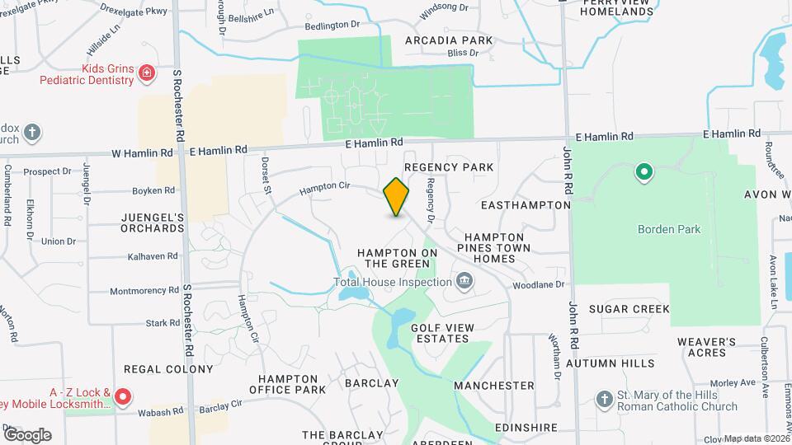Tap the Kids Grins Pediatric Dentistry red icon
pos(147,73)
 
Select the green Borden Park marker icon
pos(643,173)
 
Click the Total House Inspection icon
pos(464,283)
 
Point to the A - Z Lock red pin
pos(123,398)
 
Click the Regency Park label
pos(449,167)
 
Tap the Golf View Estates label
pos(442,333)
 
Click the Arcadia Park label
pos(449,40)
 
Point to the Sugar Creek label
pos(629,309)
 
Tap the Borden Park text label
pos(669,229)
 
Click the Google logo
pos(27,435)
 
